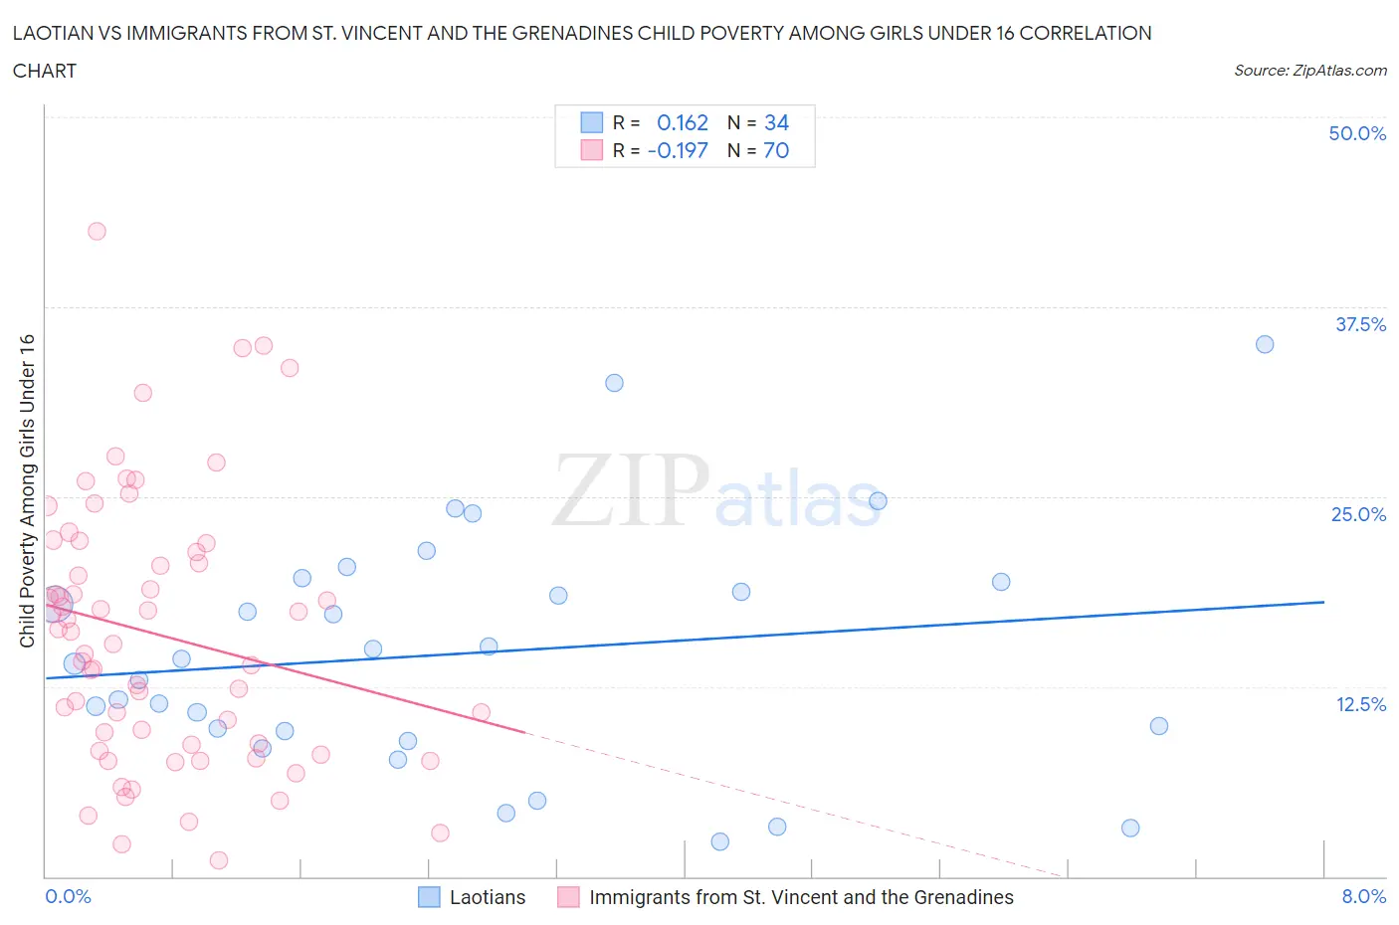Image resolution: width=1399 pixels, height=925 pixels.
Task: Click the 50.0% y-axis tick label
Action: (x=1357, y=133)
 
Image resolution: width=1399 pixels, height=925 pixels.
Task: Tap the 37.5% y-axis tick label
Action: (x=1360, y=324)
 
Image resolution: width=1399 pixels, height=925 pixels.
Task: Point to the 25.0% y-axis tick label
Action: (x=1358, y=514)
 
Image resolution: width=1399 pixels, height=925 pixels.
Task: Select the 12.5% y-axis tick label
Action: (x=1360, y=704)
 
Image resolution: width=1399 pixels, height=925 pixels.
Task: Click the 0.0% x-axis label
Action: (x=68, y=896)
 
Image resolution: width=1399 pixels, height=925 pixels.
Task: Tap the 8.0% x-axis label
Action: (x=1363, y=896)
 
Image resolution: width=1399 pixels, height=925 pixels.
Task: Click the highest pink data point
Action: (x=97, y=231)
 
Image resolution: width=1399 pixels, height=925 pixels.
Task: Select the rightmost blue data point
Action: (x=1265, y=344)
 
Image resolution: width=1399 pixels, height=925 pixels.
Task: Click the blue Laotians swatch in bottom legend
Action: (x=429, y=897)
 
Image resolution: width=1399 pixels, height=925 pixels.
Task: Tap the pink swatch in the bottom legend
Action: (x=568, y=897)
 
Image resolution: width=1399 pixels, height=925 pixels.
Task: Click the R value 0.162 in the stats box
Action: (x=683, y=122)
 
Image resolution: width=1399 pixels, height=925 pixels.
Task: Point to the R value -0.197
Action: (x=678, y=150)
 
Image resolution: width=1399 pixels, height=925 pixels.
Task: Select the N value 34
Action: (x=776, y=122)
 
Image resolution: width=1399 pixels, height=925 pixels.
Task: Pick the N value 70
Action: (x=776, y=150)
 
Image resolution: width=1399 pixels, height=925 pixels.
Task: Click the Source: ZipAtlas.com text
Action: (x=1309, y=70)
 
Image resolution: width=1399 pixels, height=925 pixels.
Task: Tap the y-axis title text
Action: (x=27, y=490)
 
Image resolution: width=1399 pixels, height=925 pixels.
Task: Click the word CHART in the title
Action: (x=45, y=71)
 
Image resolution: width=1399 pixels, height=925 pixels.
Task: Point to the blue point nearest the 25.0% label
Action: (x=878, y=500)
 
